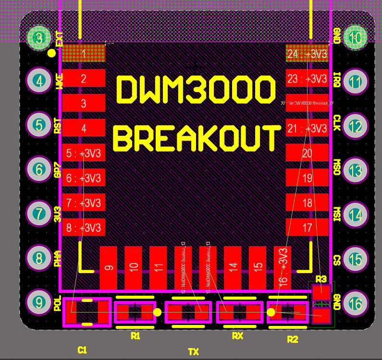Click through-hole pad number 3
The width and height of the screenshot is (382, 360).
(39, 37)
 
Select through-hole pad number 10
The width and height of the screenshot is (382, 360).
(356, 37)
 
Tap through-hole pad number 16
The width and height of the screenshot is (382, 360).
(356, 304)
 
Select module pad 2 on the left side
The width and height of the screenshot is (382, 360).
(84, 78)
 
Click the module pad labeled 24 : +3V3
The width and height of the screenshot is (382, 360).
(308, 54)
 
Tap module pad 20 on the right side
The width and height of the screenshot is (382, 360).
(308, 153)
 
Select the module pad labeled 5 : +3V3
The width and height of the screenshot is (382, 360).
(84, 153)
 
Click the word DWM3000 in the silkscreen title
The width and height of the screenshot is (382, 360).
(196, 90)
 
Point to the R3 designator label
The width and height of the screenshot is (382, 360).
(321, 279)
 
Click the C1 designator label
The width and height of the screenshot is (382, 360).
(82, 350)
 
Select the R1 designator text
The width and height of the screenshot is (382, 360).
(136, 336)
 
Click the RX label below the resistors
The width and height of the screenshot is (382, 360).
(237, 336)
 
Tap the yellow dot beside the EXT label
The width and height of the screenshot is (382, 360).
(51, 53)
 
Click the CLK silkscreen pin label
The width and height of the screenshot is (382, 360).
(337, 123)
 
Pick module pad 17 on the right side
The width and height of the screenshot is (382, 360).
(308, 228)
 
